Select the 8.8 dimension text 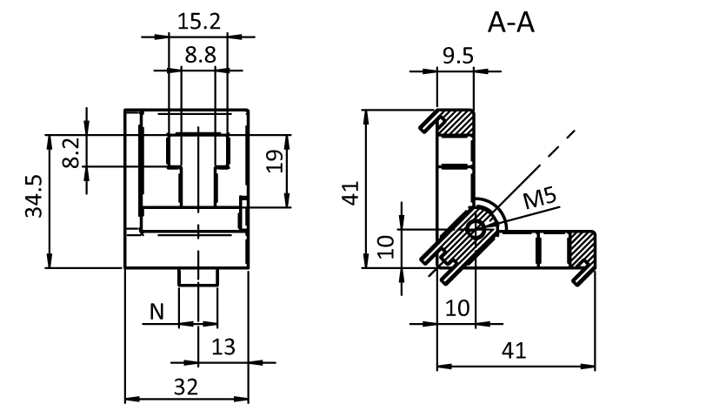click(x=200, y=54)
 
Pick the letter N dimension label click(x=157, y=310)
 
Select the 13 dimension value click(x=223, y=347)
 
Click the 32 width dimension click(x=186, y=385)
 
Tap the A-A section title click(x=510, y=24)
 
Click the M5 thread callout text click(x=540, y=199)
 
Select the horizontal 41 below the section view click(x=515, y=351)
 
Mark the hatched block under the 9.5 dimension click(x=456, y=123)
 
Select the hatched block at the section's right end click(x=582, y=249)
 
